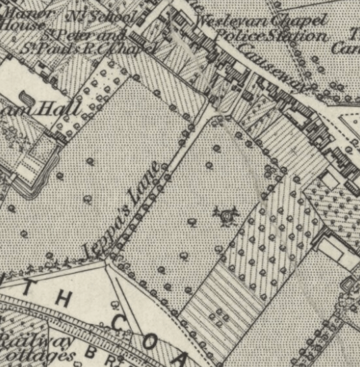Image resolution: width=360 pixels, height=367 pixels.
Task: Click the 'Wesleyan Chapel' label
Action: pos(261,20)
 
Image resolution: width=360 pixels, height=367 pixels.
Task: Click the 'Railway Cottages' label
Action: pos(37,347)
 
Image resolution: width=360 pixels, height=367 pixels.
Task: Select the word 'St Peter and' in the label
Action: pos(85,34)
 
